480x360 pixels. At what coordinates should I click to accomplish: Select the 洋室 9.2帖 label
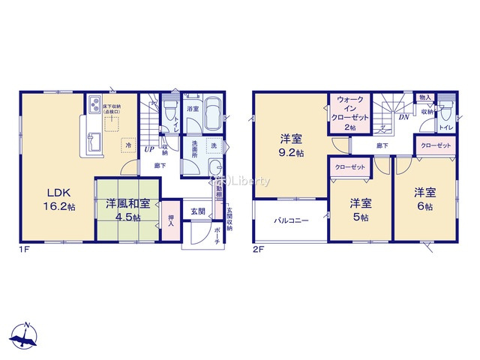(292, 145)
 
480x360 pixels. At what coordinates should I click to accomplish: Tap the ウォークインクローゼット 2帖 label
(351, 112)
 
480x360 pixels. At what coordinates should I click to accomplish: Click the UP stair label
(149, 148)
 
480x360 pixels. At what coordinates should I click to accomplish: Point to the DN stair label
(403, 117)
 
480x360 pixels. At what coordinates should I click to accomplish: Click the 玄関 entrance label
(197, 211)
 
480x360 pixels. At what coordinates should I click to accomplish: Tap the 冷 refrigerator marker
(130, 145)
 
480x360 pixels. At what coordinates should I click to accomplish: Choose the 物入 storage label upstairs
(424, 98)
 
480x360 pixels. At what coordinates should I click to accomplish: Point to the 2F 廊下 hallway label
(382, 145)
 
